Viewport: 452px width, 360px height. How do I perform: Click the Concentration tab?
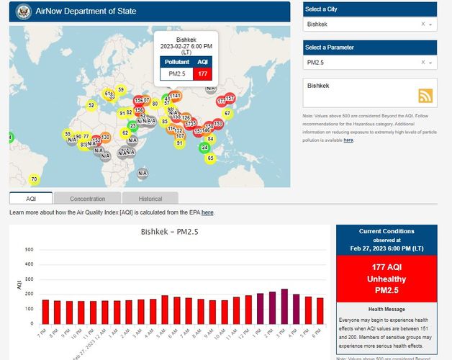(87, 199)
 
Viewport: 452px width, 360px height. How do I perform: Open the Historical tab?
(150, 199)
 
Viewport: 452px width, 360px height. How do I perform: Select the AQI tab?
(31, 199)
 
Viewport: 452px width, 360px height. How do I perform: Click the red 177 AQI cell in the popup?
(204, 73)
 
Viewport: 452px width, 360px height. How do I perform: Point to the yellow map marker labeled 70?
(34, 179)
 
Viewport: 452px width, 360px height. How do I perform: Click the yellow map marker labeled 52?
(91, 105)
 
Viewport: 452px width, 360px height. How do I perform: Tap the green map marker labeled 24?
(204, 147)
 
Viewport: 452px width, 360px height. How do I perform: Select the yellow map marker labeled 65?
(210, 158)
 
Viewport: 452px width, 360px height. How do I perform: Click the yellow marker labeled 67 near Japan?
(227, 113)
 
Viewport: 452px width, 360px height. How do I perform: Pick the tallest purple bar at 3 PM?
(284, 306)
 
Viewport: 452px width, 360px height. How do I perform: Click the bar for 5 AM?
(165, 310)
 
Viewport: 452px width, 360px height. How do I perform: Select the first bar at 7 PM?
(45, 312)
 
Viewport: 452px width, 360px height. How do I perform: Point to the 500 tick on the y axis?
(30, 250)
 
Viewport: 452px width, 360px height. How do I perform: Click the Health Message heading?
(386, 309)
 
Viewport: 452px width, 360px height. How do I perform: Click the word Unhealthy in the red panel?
(386, 279)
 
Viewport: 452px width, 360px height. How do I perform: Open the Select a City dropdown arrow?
(430, 24)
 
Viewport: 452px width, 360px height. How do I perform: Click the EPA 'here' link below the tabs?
(207, 212)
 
